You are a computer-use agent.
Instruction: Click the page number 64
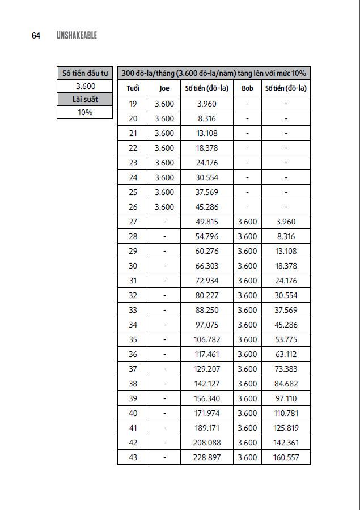(x=36, y=36)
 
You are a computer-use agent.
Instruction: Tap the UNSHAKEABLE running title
(x=77, y=36)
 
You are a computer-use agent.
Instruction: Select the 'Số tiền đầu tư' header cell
(x=86, y=73)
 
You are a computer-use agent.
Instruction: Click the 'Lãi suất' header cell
(x=86, y=99)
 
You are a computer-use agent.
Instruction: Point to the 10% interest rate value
(x=86, y=112)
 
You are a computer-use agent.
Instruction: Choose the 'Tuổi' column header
(x=133, y=88)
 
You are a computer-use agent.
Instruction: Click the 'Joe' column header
(x=164, y=88)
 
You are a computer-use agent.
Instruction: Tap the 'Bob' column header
(x=247, y=88)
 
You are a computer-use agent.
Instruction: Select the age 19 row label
(x=133, y=104)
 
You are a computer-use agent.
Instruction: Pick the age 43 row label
(x=133, y=457)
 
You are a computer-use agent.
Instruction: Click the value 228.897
(x=207, y=457)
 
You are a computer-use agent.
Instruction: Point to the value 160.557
(x=286, y=457)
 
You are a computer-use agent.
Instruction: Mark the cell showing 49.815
(x=207, y=222)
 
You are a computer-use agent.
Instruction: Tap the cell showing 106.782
(x=207, y=339)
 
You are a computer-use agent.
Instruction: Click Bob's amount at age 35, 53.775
(x=286, y=339)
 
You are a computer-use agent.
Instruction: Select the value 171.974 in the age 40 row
(x=207, y=413)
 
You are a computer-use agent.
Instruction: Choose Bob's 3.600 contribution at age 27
(x=247, y=222)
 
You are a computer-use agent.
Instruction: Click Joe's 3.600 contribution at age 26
(x=164, y=207)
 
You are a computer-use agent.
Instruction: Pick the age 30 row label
(x=133, y=266)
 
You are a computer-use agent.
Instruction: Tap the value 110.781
(x=286, y=413)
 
